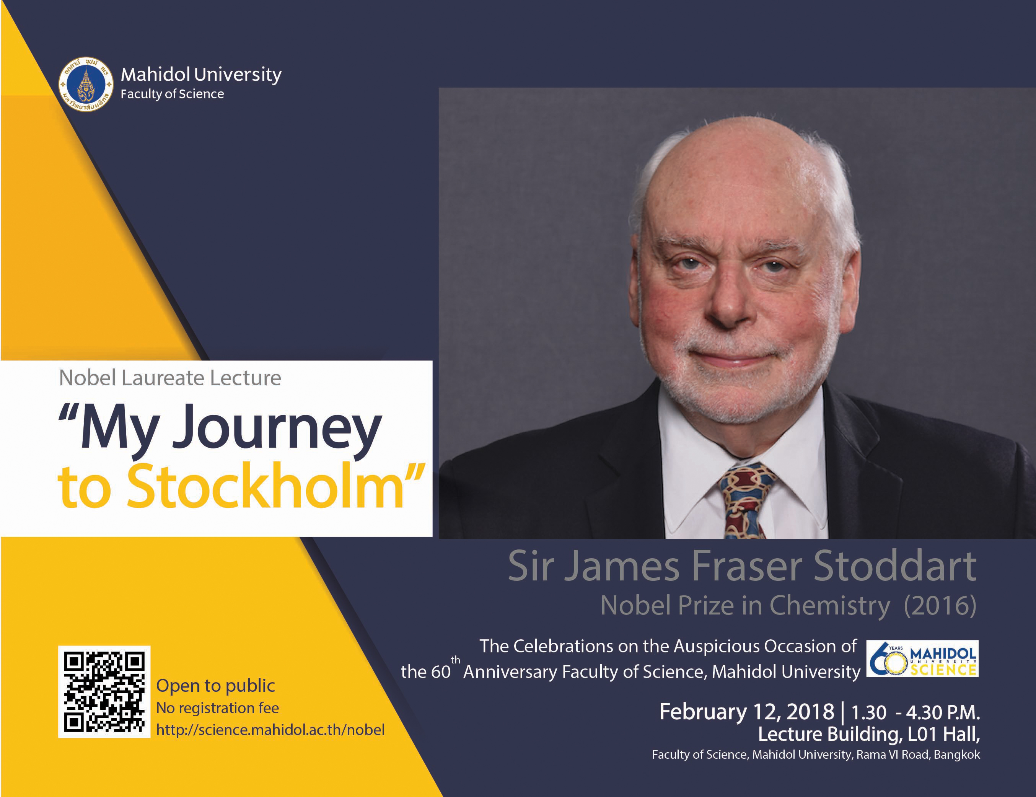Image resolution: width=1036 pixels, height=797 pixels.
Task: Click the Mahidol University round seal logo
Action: coord(86,85)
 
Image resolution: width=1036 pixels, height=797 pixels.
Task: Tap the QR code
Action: coord(104,692)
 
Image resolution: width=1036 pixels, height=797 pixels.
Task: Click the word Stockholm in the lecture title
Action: coord(265,487)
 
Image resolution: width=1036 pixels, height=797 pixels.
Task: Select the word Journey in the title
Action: coord(277,429)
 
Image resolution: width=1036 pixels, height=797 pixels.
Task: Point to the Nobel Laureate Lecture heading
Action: coord(170,378)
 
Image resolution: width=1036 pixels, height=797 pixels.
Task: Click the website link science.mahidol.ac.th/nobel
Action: coord(270,730)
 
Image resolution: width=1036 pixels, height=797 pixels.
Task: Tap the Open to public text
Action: coord(216,686)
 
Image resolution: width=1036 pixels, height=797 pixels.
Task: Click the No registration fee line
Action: coord(218,708)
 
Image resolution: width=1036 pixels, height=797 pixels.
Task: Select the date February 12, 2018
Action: coord(747,712)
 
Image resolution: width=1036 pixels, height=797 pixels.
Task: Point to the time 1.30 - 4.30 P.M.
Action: coord(915,712)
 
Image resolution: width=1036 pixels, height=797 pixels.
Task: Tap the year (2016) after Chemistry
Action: coord(940,606)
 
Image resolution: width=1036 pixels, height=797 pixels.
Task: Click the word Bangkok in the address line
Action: coord(957,755)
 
